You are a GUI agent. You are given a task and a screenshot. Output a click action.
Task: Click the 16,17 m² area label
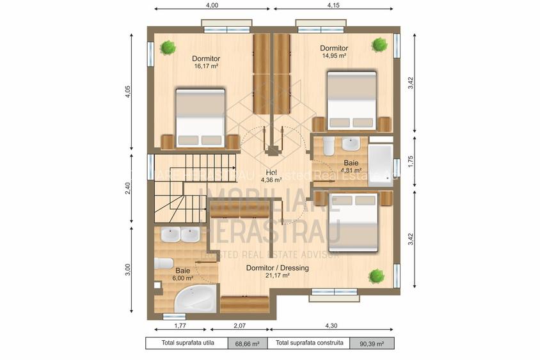click(206, 65)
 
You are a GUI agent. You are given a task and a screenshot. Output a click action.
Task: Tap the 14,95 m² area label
click(334, 56)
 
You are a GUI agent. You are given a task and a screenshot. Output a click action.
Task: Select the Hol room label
click(271, 173)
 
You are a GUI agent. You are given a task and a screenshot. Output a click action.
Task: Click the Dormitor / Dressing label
click(277, 268)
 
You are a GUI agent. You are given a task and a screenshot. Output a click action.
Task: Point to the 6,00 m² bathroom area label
click(182, 278)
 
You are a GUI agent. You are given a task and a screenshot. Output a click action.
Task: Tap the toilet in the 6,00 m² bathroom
click(164, 263)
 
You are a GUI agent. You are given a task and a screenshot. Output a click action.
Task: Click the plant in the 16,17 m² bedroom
click(168, 47)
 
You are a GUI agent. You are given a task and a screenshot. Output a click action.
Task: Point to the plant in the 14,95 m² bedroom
click(380, 44)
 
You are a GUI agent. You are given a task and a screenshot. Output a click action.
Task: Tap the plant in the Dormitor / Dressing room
click(376, 276)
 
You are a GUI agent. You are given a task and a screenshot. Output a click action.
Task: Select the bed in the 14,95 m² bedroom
click(351, 100)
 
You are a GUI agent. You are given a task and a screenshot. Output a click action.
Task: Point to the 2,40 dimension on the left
click(128, 188)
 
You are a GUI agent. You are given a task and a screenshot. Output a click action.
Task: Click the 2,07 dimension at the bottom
click(240, 326)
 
